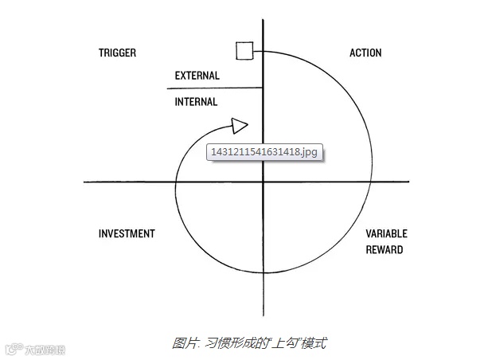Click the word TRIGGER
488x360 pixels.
[117, 53]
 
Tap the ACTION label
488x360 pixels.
[365, 53]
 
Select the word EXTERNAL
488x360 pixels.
[197, 76]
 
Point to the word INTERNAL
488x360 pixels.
[196, 102]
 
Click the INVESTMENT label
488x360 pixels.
[127, 234]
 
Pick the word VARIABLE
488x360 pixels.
[386, 234]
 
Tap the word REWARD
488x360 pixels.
[384, 250]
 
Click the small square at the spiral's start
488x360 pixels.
[244, 52]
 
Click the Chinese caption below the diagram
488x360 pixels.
[249, 343]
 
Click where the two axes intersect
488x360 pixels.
[263, 182]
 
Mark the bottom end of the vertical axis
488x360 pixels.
[263, 315]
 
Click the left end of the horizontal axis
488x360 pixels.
[85, 182]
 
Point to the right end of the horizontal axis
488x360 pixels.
[408, 182]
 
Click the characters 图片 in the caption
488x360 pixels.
[183, 343]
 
